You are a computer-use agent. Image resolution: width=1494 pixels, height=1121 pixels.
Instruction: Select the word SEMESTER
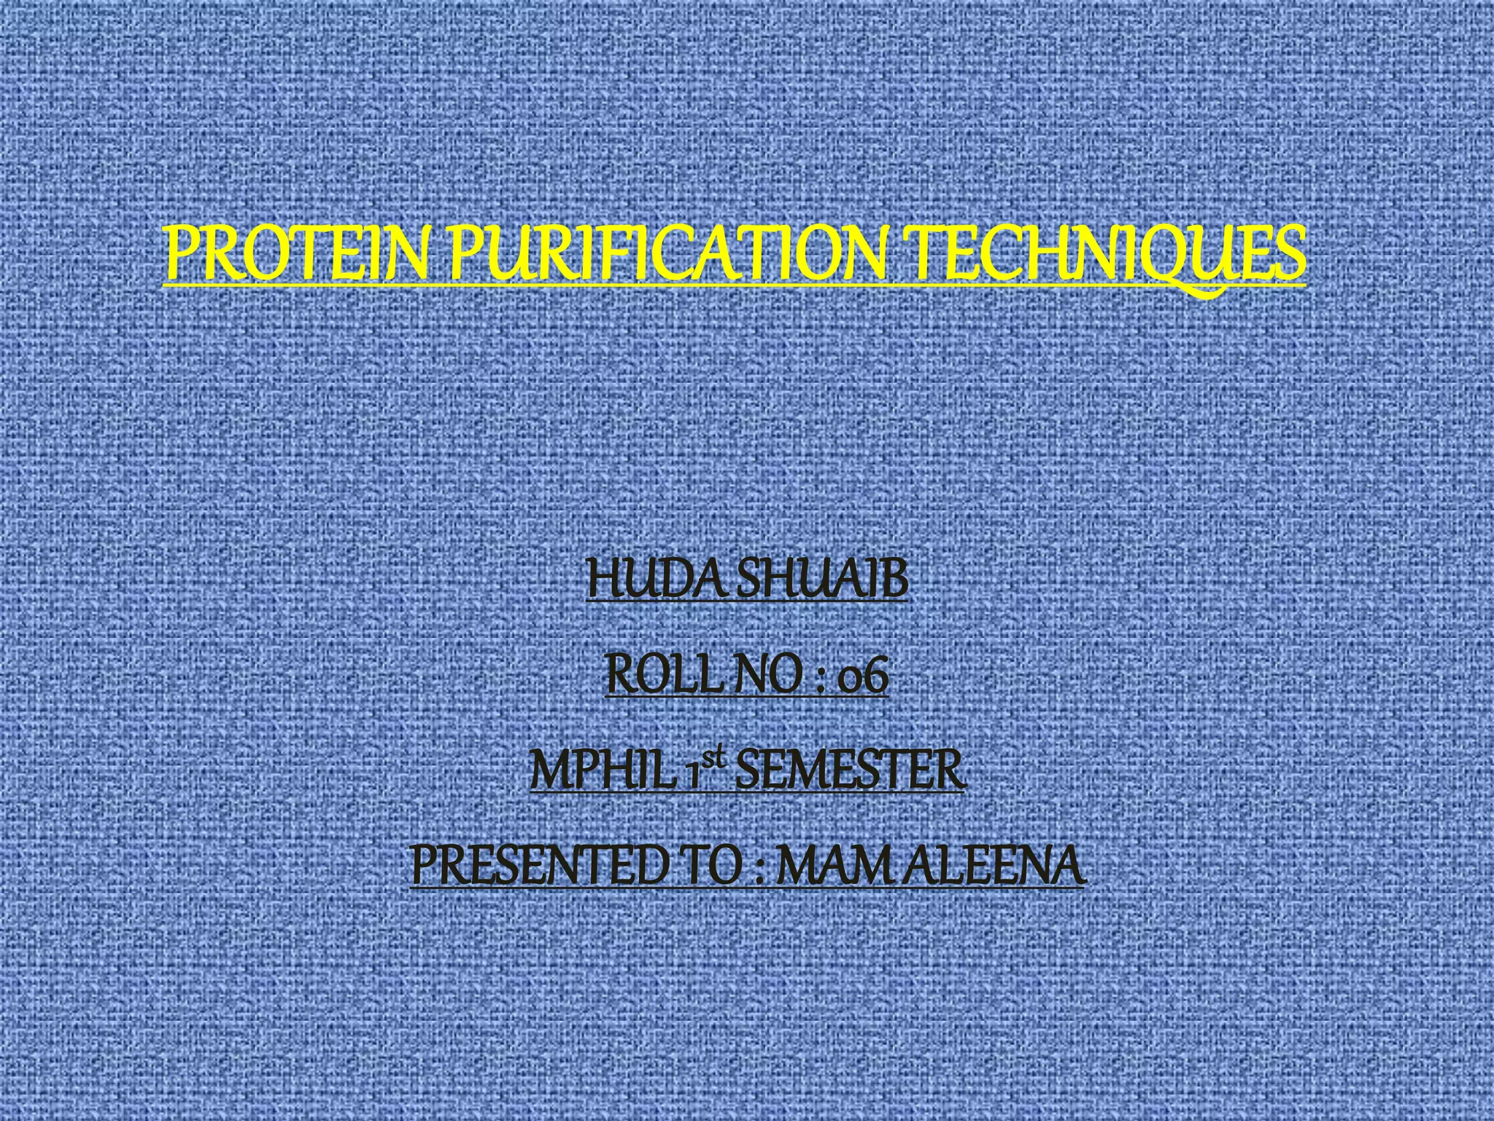pyautogui.click(x=850, y=771)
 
